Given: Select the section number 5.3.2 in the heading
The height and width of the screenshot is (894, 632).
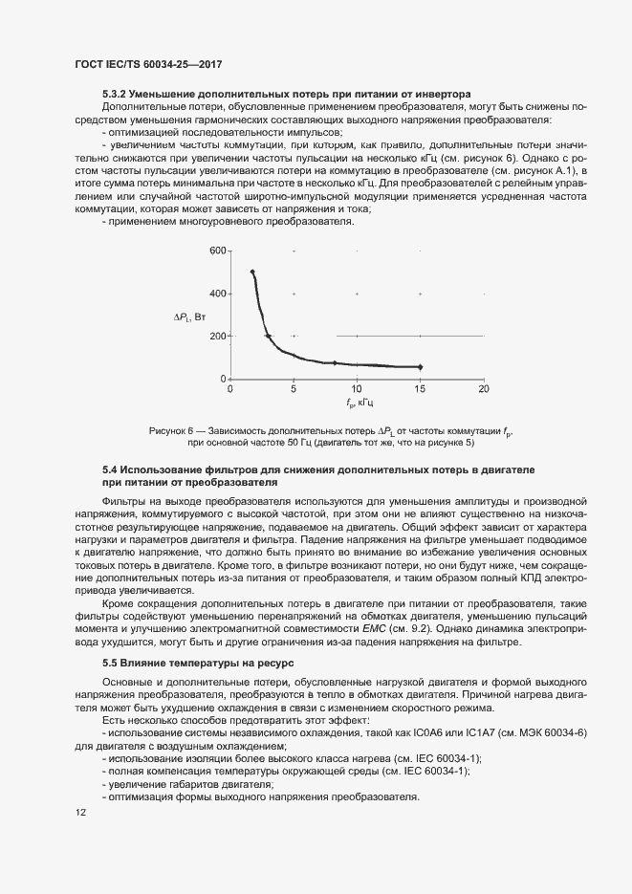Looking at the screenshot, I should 116,95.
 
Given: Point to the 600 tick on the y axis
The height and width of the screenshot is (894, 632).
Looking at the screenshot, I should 216,251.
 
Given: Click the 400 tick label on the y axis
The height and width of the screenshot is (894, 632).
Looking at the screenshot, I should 216,294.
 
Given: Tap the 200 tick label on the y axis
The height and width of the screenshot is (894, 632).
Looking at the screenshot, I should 216,336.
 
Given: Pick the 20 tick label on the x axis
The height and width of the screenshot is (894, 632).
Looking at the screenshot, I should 484,390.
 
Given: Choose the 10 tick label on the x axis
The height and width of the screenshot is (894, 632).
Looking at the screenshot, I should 357,390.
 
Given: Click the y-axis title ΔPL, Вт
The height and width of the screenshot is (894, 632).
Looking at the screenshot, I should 189,316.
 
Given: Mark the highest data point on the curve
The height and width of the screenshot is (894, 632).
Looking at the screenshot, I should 253,272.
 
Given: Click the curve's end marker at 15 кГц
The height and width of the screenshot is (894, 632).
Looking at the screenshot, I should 420,367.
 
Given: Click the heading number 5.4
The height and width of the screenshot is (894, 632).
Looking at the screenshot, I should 110,471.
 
